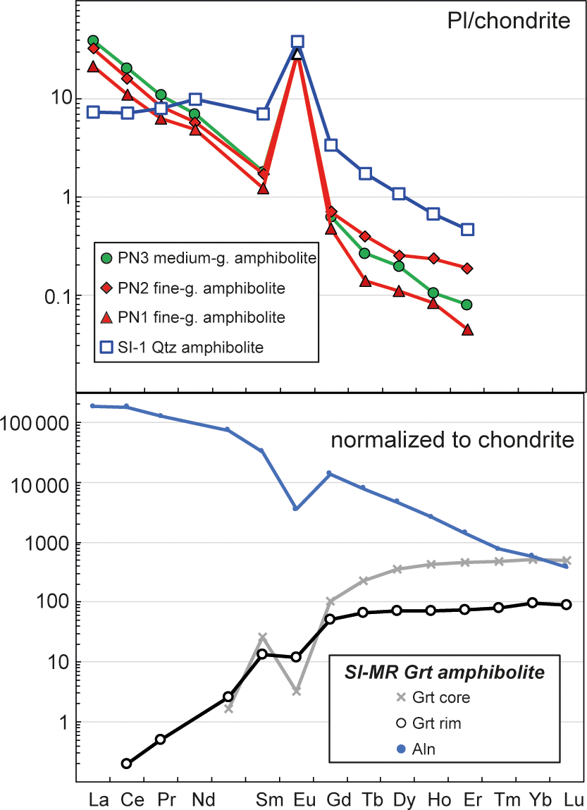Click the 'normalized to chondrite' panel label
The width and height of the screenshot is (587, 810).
tap(452, 442)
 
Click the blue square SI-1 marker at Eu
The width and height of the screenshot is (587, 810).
tap(297, 42)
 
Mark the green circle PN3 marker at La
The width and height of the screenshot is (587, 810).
tap(93, 40)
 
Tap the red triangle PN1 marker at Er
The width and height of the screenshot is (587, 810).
tap(466, 330)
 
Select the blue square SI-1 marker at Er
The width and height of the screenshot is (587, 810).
tap(466, 229)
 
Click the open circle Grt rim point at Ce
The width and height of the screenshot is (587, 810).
tap(127, 763)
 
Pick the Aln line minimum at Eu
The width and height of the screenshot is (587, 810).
tap(296, 508)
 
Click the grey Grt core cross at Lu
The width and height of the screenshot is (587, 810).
tap(567, 560)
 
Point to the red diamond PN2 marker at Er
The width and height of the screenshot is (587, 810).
tap(466, 268)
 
